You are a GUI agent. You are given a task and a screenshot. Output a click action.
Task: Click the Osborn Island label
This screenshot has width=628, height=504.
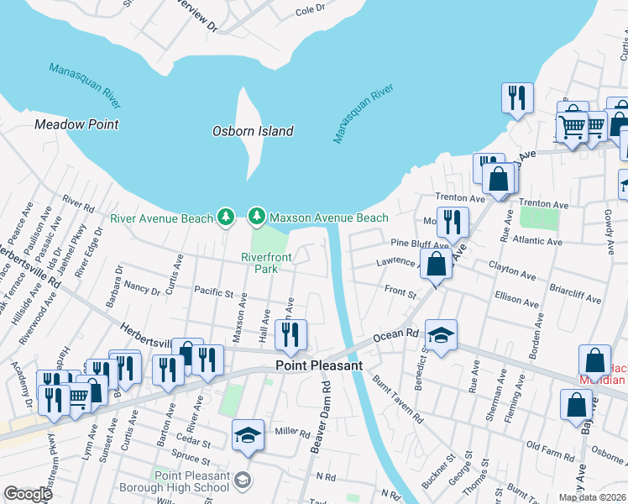(x=253, y=131)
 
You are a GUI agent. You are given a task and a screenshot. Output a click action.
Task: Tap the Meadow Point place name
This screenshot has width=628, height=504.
(x=76, y=124)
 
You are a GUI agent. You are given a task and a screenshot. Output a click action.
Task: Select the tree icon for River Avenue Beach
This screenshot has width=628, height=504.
(x=225, y=218)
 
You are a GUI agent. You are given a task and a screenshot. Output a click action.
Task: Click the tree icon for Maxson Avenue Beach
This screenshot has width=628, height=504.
(x=257, y=218)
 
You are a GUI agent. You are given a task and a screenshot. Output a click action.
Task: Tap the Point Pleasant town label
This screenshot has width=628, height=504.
(x=320, y=366)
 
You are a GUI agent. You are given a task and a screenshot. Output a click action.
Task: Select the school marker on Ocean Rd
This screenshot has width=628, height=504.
(x=441, y=335)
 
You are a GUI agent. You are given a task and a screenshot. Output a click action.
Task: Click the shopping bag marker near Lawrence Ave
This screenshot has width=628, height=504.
(x=437, y=264)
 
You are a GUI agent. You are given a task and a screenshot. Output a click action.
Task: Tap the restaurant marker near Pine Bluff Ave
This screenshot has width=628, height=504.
(x=453, y=222)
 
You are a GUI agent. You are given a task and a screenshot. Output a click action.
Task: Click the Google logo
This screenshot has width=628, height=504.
(x=29, y=494)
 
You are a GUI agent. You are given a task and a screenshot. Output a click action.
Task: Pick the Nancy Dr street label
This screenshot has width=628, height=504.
(x=141, y=289)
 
